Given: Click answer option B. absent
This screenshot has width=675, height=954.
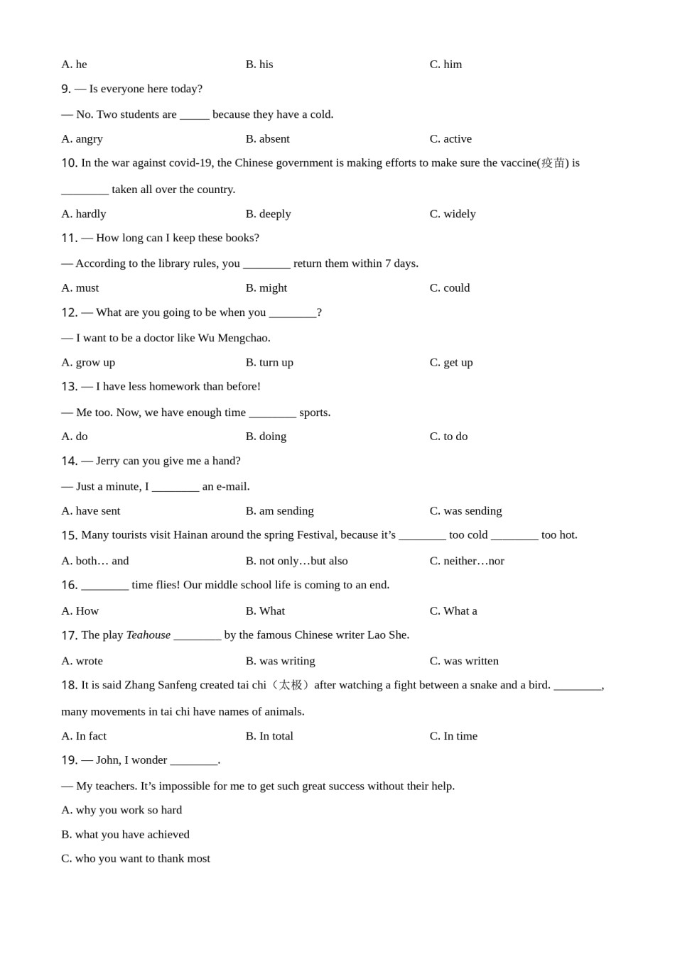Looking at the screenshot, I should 267,139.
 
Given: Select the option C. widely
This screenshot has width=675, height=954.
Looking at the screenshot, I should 452,214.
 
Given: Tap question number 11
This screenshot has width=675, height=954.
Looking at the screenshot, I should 69,238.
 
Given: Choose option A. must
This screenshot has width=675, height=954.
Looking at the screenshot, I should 80,288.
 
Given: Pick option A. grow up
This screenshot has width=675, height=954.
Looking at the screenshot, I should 88,363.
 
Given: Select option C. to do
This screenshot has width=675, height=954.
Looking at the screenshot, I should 448,437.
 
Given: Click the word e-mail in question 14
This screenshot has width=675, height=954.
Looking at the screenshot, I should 232,487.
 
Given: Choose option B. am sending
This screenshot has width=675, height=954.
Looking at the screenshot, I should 279,511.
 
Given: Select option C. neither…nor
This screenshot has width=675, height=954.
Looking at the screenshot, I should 466,561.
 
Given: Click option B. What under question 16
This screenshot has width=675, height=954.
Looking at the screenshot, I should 265,611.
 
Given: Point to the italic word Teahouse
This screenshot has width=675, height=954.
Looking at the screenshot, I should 148,635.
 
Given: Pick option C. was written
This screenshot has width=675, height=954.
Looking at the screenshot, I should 464,662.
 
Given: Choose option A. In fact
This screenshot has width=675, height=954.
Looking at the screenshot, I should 84,736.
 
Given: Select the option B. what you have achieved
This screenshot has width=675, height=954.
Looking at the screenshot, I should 125,835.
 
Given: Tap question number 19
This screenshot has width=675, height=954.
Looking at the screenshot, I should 69,760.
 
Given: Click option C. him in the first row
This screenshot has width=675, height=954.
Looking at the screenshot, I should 445,65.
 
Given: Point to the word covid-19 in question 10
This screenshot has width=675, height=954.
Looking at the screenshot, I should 190,163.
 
